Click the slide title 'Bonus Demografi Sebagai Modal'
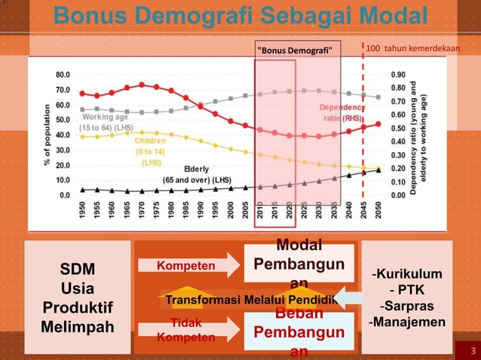pyautogui.click(x=240, y=16)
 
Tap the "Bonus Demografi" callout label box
pyautogui.click(x=299, y=50)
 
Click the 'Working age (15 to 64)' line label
pyautogui.click(x=106, y=122)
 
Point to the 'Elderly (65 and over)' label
pyautogui.click(x=198, y=175)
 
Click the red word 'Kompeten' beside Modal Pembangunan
pyautogui.click(x=185, y=265)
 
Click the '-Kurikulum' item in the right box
pyautogui.click(x=407, y=273)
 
